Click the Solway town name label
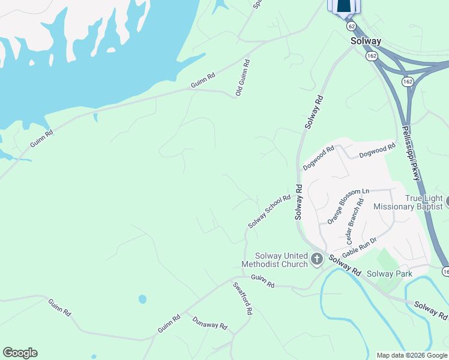click(366, 41)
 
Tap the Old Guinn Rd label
click(243, 78)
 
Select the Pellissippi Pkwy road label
click(411, 154)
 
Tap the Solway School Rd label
click(270, 211)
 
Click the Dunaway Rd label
click(210, 323)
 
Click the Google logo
click(20, 353)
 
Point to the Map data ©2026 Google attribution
click(412, 355)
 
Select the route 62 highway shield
click(351, 26)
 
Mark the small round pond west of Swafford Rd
click(142, 299)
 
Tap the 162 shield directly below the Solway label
click(371, 56)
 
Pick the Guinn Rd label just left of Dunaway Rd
click(169, 324)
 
